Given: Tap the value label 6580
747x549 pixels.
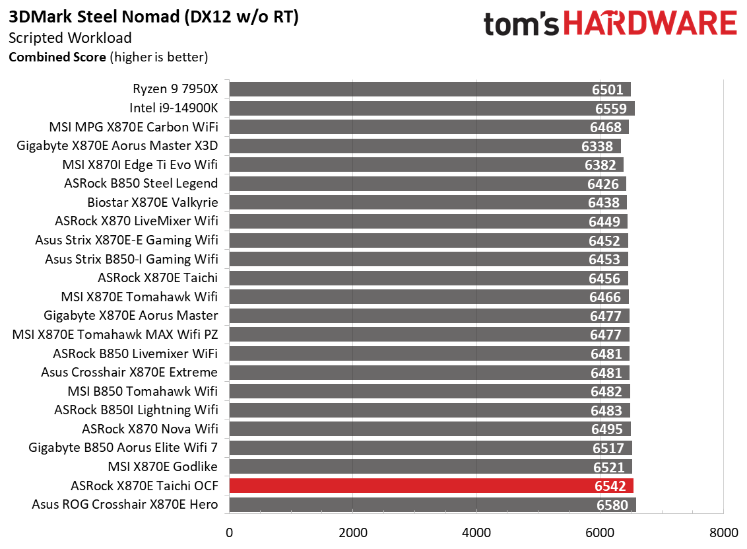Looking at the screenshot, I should pos(613,505).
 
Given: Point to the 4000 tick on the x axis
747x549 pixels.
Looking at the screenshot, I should pos(476,532).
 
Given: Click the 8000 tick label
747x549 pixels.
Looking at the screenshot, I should pos(723,532).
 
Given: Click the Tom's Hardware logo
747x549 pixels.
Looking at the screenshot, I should pos(610,24).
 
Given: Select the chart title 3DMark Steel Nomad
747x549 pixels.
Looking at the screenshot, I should pos(154,18).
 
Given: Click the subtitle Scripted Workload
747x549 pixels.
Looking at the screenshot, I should pos(70,38).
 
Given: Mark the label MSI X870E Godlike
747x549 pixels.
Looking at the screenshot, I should pos(162,467).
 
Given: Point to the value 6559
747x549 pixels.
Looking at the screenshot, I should pos(612,108).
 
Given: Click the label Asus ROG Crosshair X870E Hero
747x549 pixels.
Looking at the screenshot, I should pos(125,505).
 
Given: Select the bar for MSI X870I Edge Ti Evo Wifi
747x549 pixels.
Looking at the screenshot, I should pos(426,165).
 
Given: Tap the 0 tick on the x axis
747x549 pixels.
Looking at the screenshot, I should pos(229,532).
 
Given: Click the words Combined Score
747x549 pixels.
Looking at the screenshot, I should pos(57,57).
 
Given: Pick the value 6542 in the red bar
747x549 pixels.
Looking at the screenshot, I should pos(612,486).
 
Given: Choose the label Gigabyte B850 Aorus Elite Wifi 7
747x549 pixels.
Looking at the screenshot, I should pos(123,448).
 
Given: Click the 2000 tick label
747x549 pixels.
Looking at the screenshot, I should pos(352,532).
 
